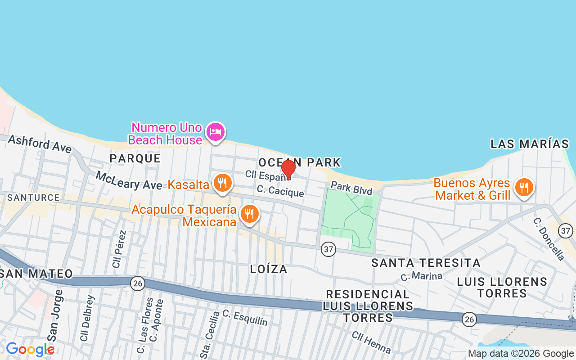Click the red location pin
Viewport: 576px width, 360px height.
[x=288, y=169]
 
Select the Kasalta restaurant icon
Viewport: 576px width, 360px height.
[x=222, y=183]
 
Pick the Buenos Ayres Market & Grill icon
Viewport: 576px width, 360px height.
[x=523, y=187]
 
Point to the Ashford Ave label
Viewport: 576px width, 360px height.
[x=40, y=144]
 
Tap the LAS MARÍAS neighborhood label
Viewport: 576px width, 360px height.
[x=530, y=144]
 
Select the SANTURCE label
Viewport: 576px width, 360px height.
[x=33, y=198]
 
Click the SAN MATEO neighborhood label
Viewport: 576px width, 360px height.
[x=36, y=274]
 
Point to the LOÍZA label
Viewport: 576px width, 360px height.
[x=269, y=269]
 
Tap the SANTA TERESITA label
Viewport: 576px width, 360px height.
[x=426, y=263]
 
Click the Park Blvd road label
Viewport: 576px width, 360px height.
[x=351, y=188]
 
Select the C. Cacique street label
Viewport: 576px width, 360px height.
[x=280, y=191]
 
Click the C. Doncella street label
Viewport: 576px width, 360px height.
[x=549, y=239]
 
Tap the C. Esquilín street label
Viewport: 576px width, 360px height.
[x=245, y=318]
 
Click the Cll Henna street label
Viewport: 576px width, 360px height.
[x=371, y=342]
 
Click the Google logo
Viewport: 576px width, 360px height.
[x=30, y=349]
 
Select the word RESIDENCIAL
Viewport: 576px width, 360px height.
[x=368, y=294]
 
